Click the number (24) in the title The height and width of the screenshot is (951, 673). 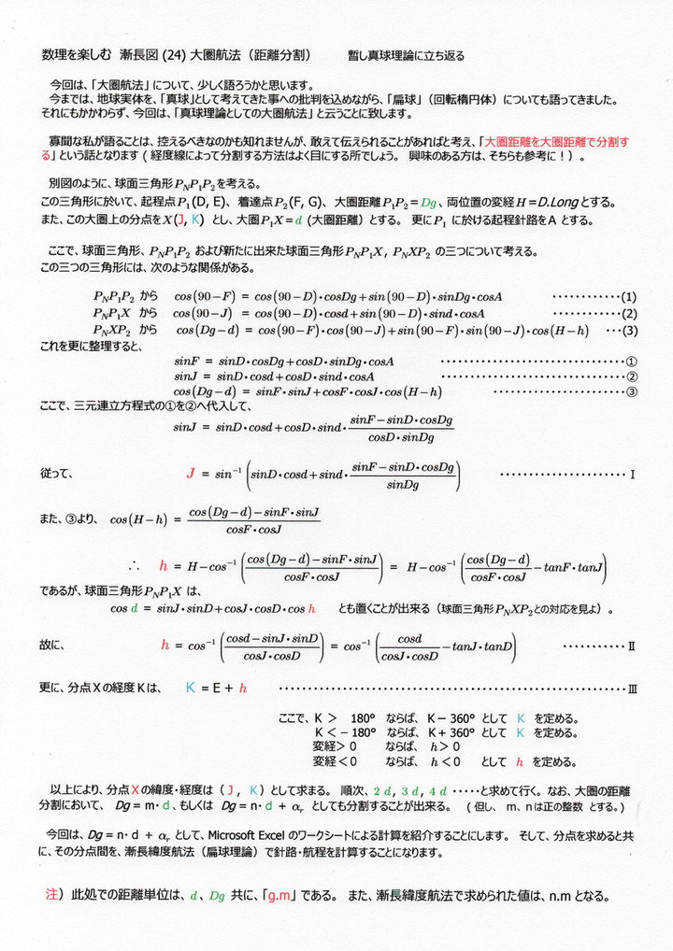click(x=174, y=55)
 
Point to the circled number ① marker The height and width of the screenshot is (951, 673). click(x=631, y=361)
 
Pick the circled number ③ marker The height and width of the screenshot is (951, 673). click(x=631, y=390)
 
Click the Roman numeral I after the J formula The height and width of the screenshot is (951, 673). click(x=633, y=475)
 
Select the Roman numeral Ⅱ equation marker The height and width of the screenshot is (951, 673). click(x=632, y=645)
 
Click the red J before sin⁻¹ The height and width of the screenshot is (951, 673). click(x=191, y=474)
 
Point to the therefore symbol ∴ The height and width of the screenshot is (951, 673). click(x=134, y=566)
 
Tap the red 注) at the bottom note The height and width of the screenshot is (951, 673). click(x=55, y=895)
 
